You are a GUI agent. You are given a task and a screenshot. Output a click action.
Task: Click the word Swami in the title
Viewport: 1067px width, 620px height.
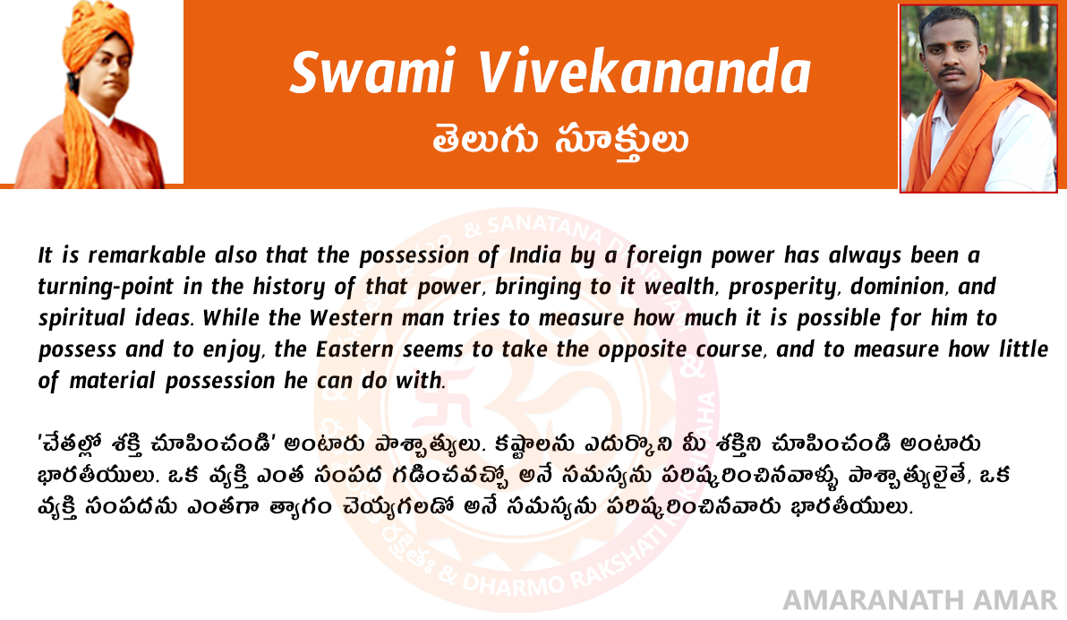click(x=372, y=72)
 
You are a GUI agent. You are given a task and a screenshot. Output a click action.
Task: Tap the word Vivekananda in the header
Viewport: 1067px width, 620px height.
click(x=644, y=72)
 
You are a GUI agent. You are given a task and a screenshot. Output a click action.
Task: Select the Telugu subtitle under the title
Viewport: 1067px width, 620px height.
click(x=560, y=141)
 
